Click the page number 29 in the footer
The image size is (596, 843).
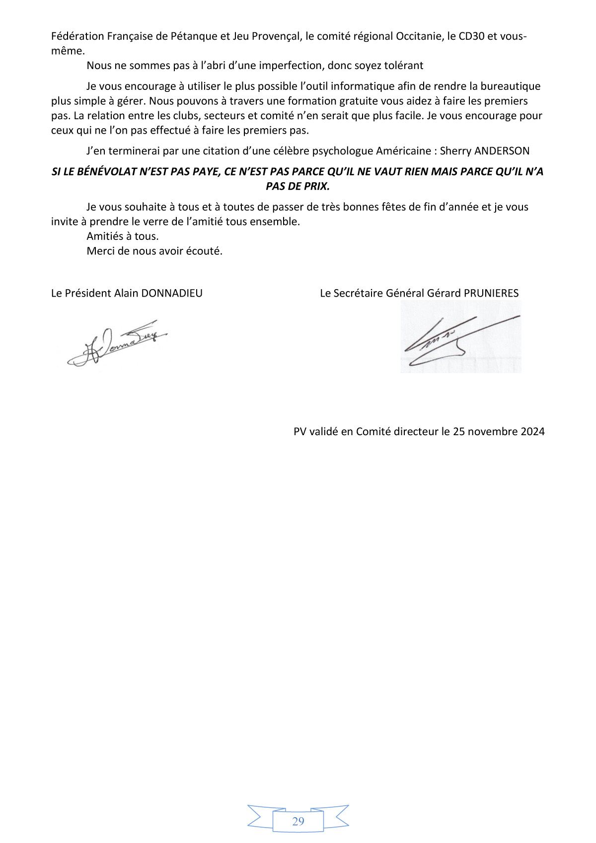[x=298, y=821]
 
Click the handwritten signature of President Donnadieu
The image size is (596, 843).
[x=117, y=343]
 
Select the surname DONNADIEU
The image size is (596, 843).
[x=172, y=293]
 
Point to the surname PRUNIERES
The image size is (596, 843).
[x=491, y=293]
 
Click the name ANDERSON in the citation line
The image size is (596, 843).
[x=502, y=151]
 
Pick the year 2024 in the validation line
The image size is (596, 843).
[x=532, y=431]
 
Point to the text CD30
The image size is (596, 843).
[x=471, y=36]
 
